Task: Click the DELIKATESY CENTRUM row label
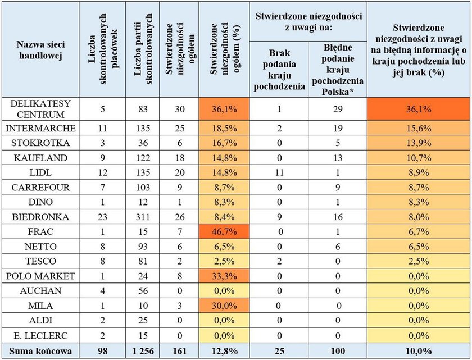click(40, 109)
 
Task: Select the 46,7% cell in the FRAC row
click(224, 231)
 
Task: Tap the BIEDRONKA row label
click(40, 217)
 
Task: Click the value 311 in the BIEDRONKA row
click(143, 217)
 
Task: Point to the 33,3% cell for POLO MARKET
click(224, 276)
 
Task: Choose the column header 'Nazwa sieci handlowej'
click(40, 50)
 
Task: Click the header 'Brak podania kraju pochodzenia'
click(279, 70)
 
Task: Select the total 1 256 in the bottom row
click(143, 351)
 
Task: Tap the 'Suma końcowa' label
click(40, 351)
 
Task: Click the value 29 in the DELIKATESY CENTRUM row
click(338, 109)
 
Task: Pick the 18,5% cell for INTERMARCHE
click(224, 129)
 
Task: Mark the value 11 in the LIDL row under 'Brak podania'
click(279, 172)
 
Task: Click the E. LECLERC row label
click(40, 335)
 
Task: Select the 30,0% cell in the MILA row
click(224, 306)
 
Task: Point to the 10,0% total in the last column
click(419, 351)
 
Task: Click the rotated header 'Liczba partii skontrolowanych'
click(143, 49)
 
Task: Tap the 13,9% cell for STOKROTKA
click(419, 143)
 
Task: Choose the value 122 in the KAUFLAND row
click(143, 158)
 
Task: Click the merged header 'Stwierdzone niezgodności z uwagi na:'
click(308, 22)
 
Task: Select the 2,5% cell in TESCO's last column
click(419, 261)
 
